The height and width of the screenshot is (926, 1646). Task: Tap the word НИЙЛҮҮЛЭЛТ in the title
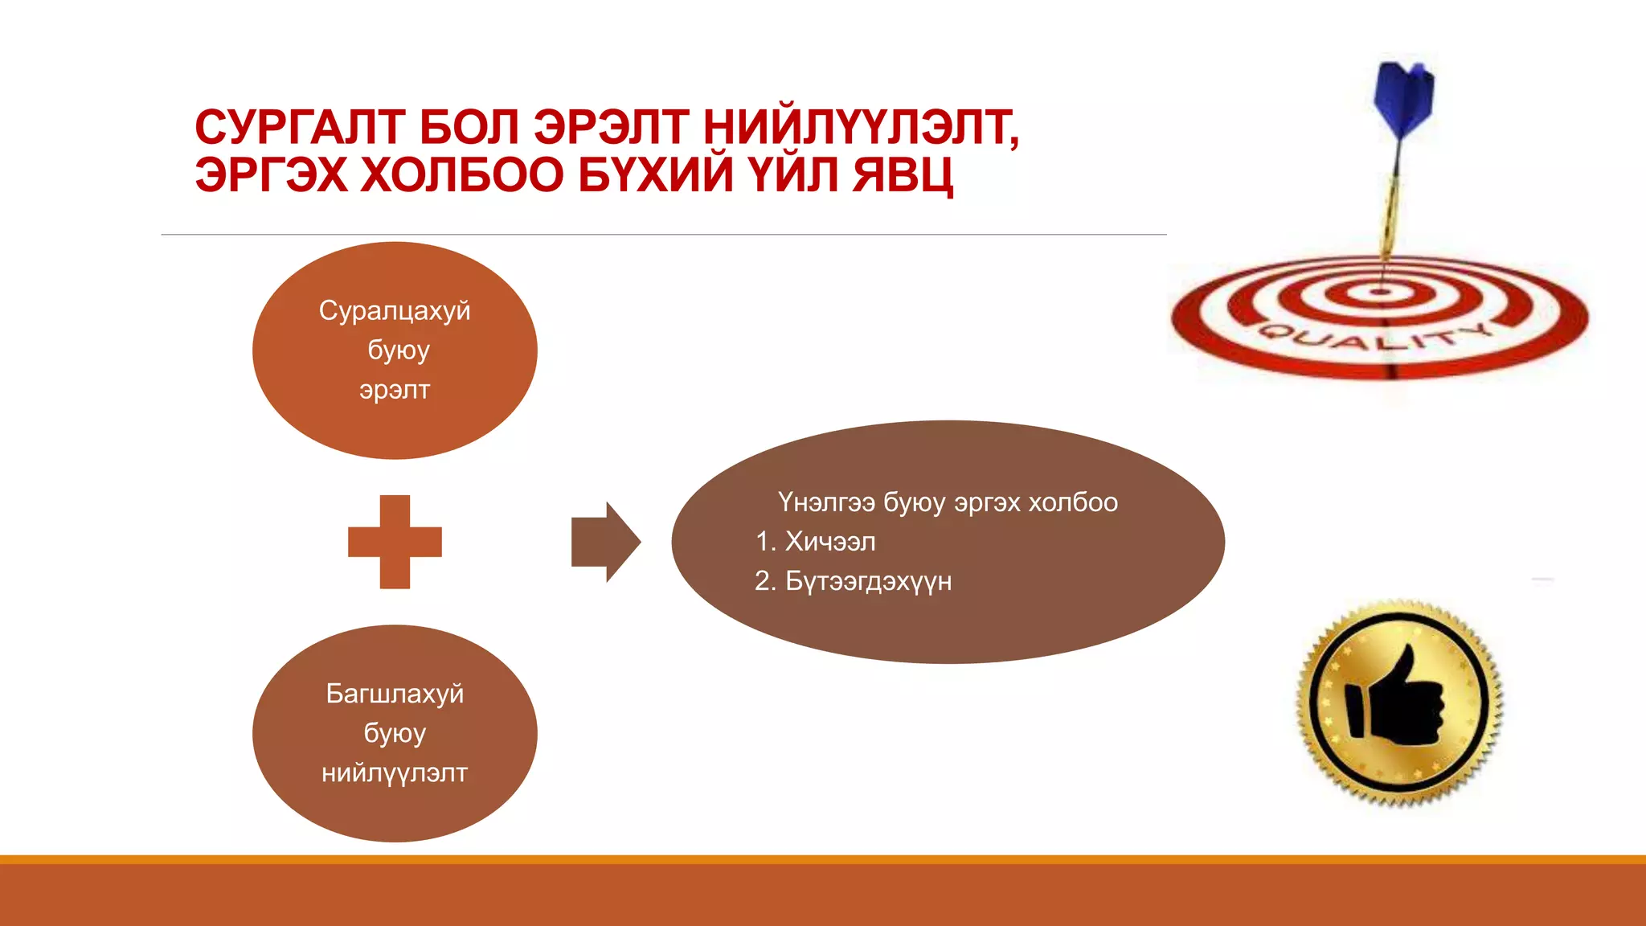pyautogui.click(x=860, y=128)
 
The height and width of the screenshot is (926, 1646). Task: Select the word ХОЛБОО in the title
pyautogui.click(x=462, y=175)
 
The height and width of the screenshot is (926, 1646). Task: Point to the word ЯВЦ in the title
pyautogui.click(x=903, y=175)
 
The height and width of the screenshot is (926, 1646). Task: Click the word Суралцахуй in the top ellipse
pyautogui.click(x=394, y=310)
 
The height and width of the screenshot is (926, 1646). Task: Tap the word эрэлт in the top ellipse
pyautogui.click(x=394, y=390)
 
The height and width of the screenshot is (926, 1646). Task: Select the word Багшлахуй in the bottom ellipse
pyautogui.click(x=394, y=693)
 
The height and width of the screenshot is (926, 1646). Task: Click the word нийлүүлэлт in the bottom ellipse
pyautogui.click(x=394, y=772)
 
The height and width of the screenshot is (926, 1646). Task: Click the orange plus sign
pyautogui.click(x=395, y=542)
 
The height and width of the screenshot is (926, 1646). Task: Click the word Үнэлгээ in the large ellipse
pyautogui.click(x=826, y=502)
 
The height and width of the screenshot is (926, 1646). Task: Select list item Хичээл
pyautogui.click(x=829, y=542)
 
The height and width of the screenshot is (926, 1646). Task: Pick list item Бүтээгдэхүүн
pyautogui.click(x=867, y=581)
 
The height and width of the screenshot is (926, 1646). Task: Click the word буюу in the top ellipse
pyautogui.click(x=398, y=350)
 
